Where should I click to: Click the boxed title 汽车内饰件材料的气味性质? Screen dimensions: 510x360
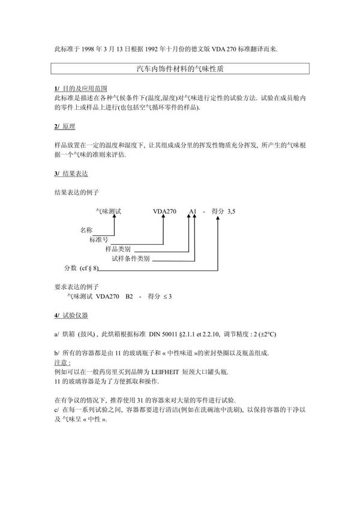[x=181, y=70]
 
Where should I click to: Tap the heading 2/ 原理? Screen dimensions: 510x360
[x=64, y=128]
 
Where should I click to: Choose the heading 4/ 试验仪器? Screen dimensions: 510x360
[x=71, y=315]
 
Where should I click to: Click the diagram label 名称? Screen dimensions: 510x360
[x=86, y=230]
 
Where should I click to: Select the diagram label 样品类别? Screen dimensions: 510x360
[x=118, y=249]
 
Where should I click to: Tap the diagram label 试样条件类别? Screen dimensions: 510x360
[x=131, y=259]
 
